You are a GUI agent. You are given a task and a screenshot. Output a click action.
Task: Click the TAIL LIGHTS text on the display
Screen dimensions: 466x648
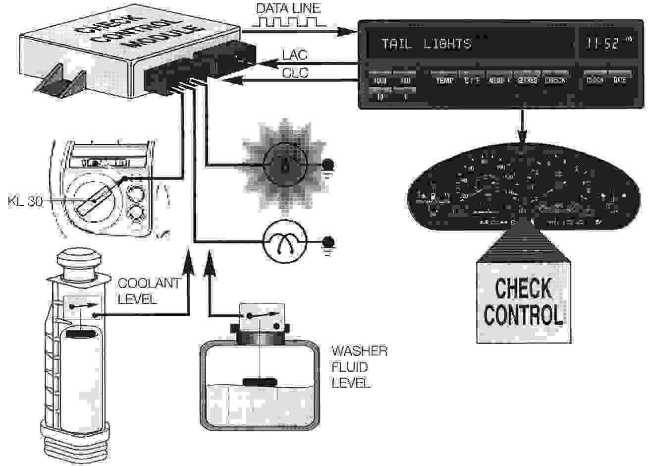426,44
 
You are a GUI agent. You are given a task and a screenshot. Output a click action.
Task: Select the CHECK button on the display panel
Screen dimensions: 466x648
555,80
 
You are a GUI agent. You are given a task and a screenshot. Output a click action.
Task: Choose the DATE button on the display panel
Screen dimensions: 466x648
620,80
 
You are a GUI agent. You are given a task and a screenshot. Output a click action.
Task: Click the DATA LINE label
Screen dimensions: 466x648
288,8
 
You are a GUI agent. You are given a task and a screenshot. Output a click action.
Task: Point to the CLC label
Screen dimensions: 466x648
295,73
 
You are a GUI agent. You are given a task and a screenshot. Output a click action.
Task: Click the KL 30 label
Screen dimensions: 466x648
24,203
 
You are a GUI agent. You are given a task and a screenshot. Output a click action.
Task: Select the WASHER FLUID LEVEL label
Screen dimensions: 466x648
359,367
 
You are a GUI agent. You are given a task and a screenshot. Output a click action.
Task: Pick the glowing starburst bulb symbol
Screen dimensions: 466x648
284,164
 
